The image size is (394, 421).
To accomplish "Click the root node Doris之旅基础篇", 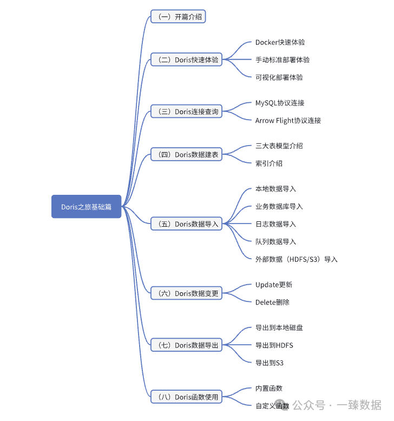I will (x=86, y=207).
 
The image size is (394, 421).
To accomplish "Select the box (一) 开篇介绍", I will (x=178, y=17).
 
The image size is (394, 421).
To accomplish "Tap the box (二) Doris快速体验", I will (x=186, y=60).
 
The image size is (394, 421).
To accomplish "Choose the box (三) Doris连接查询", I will (x=186, y=112).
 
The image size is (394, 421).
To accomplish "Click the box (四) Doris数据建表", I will (x=186, y=155).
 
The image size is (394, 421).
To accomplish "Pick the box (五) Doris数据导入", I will (x=186, y=224).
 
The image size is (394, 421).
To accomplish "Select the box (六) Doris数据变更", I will (x=186, y=293).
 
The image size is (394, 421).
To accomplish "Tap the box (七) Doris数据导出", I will (x=186, y=345).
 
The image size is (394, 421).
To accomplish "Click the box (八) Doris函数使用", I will (x=186, y=397).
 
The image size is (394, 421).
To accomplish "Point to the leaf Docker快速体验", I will (x=284, y=42).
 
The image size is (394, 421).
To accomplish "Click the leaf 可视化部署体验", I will (x=279, y=77).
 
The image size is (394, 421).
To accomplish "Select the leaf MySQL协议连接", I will (x=279, y=103).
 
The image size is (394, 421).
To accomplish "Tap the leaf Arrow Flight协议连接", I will (x=288, y=121).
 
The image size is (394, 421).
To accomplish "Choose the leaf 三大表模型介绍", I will (x=279, y=146).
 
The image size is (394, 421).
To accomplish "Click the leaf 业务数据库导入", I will (x=279, y=207).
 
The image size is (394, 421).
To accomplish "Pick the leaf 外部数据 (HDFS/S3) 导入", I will (x=296, y=259).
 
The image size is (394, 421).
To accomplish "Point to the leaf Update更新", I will (x=273, y=285).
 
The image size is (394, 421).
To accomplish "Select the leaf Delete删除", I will (x=272, y=302).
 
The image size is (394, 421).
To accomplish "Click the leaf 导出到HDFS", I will (x=274, y=345).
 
